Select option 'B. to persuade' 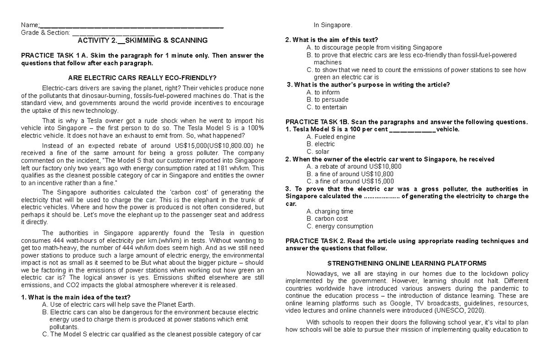point(328,100)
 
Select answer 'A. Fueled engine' point(331,137)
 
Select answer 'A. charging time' point(330,211)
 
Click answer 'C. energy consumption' point(340,226)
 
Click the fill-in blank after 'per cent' point(412,129)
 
